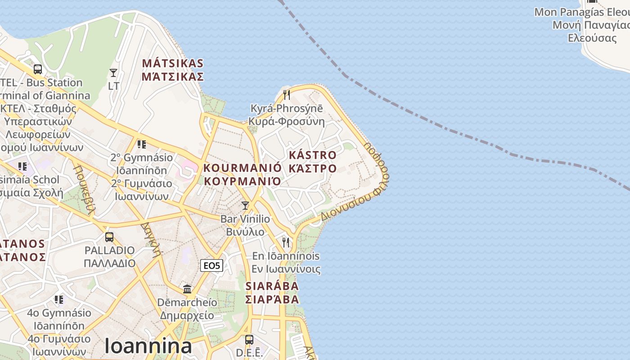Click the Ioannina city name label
coord(148,346)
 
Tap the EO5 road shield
coord(211,265)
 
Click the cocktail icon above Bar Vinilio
coord(245,206)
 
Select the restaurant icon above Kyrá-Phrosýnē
coord(286,95)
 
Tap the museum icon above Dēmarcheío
coord(187,289)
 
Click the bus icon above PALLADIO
coord(109,237)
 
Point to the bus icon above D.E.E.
coord(249,340)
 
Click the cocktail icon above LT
coord(113,73)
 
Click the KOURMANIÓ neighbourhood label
coord(243,175)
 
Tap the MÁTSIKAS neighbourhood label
coord(173,70)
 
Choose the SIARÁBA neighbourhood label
coord(272,292)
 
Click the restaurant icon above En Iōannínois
coord(286,243)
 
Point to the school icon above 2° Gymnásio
coord(142,144)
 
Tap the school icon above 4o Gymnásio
coord(59,299)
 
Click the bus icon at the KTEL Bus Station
coord(38,69)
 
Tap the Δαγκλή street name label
coord(151,238)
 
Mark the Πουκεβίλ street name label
coord(85,189)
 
